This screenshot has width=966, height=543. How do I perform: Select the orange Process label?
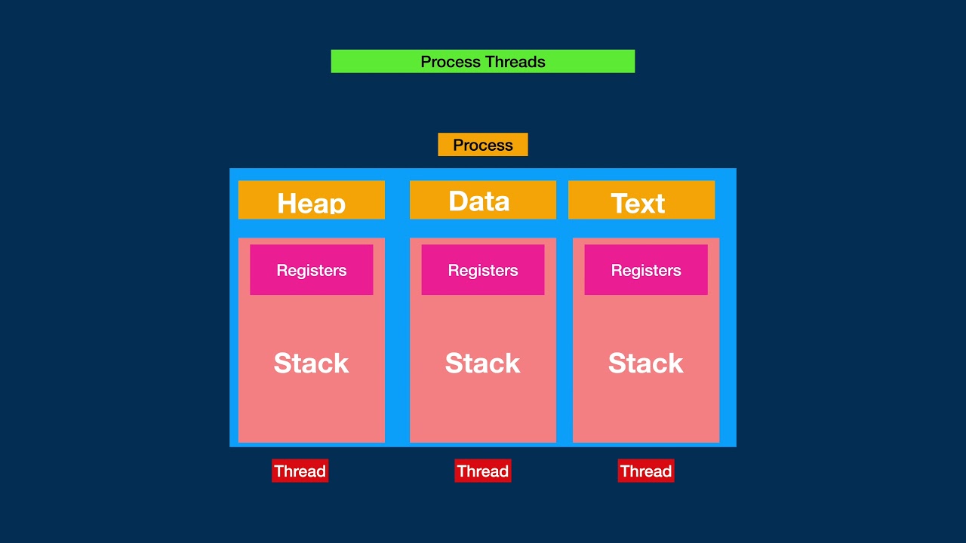483,145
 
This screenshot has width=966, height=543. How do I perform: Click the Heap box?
311,200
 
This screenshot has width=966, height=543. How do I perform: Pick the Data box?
482,200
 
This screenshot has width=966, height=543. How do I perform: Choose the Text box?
641,200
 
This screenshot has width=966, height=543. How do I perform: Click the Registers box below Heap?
311,269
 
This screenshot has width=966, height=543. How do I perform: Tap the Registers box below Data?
482,269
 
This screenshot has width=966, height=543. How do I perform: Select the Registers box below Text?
645,269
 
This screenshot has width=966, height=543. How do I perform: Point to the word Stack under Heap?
311,363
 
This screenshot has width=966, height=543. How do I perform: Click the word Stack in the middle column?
482,363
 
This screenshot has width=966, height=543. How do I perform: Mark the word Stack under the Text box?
645,363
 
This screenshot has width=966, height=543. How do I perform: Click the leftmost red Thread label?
300,471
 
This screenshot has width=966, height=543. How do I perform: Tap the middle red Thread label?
482,471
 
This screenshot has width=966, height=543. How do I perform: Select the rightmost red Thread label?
645,471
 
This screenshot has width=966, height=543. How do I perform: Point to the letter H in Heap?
288,204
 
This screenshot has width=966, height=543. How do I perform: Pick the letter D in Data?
459,201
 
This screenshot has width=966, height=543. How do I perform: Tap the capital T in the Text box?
620,204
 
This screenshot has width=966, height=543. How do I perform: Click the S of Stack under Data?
454,364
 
